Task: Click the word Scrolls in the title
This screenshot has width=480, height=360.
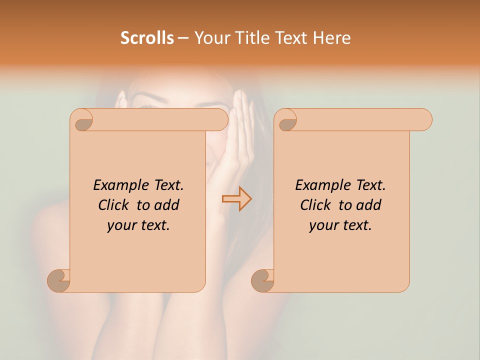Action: click(x=147, y=38)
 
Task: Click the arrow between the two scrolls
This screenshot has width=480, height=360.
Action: click(x=236, y=198)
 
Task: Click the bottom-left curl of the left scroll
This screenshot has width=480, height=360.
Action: click(x=59, y=279)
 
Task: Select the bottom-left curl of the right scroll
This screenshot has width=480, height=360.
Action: click(x=263, y=279)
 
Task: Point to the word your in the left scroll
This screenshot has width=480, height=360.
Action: click(x=121, y=225)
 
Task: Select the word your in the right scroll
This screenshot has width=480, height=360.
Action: click(x=323, y=225)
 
